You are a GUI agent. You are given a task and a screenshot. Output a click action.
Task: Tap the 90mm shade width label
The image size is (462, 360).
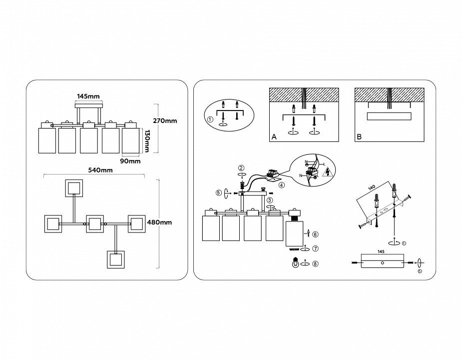point(130,161)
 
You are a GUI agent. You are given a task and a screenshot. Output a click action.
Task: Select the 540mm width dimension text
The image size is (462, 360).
point(100,170)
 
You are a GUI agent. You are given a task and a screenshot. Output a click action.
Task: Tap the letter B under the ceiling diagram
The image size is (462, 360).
point(359,136)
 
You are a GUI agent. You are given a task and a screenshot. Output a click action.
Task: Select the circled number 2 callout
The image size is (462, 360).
point(241,168)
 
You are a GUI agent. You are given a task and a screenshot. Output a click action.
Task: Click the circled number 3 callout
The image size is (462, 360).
point(269,200)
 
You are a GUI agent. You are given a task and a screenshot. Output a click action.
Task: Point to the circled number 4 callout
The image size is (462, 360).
point(282,185)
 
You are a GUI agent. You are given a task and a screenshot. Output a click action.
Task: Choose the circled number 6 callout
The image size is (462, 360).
point(316,234)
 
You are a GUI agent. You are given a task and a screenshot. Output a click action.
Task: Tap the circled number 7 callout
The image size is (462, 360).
point(315,248)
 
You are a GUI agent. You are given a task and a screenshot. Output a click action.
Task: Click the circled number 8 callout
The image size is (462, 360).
point(315,263)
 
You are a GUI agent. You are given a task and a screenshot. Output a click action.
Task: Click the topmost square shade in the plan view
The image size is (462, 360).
point(73,188)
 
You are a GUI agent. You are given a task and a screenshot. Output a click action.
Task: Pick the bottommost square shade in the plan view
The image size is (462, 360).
point(116,260)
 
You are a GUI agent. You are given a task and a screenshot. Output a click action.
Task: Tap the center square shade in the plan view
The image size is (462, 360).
point(94,223)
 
